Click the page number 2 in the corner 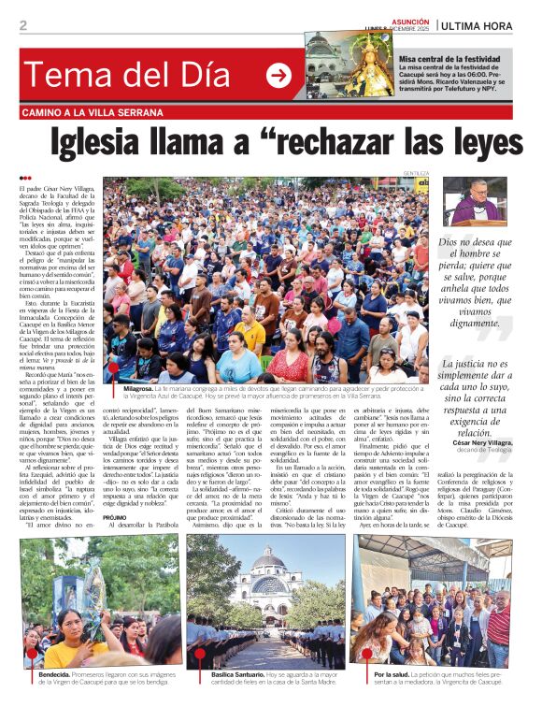click(23, 26)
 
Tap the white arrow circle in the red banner click(278, 76)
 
